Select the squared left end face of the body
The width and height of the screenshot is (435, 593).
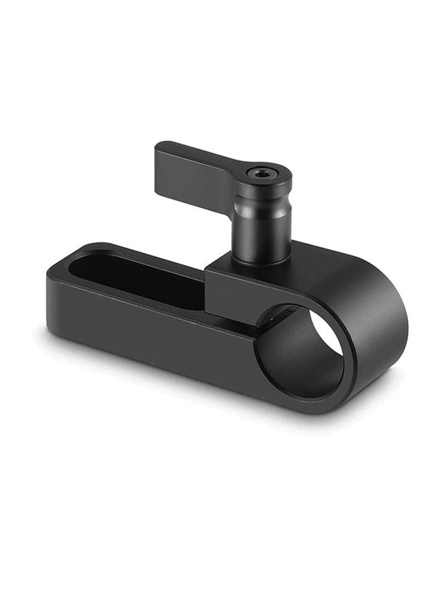[59, 303]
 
